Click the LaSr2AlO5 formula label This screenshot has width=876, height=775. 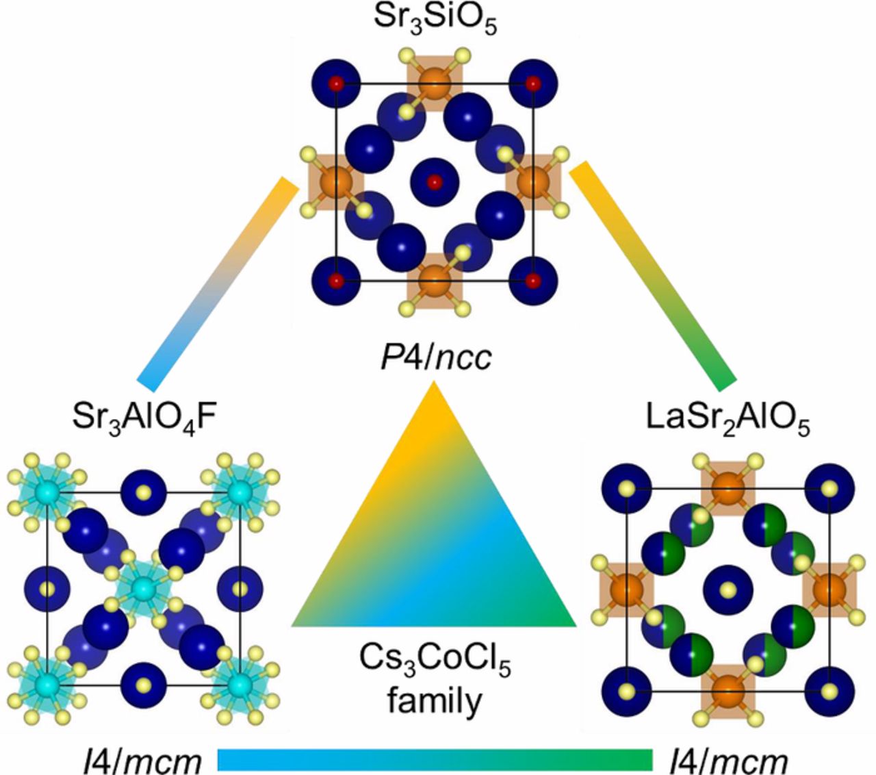click(727, 420)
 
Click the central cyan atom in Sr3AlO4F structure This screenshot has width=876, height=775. click(143, 587)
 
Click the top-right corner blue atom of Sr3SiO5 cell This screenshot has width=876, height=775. click(532, 84)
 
